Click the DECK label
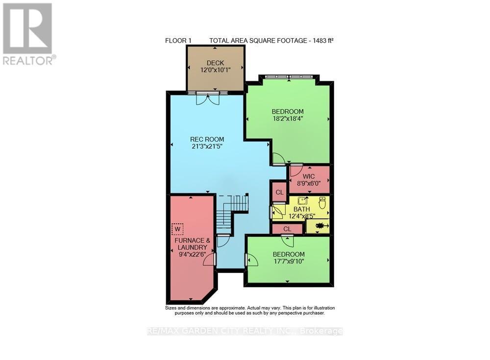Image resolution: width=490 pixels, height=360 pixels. click(x=215, y=63)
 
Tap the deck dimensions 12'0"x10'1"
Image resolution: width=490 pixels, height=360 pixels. click(x=215, y=70)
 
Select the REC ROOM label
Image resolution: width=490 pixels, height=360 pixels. click(x=207, y=140)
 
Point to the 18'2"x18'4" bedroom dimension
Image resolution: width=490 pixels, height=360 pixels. click(x=288, y=119)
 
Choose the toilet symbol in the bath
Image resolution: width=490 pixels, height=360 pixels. click(x=322, y=202)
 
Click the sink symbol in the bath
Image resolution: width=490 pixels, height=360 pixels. click(x=303, y=200)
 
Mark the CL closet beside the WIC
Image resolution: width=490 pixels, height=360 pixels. click(x=279, y=192)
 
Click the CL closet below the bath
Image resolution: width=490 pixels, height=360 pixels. click(x=287, y=229)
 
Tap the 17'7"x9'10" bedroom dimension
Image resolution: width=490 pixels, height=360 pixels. click(x=289, y=262)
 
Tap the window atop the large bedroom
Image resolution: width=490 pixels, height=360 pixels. click(x=289, y=77)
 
